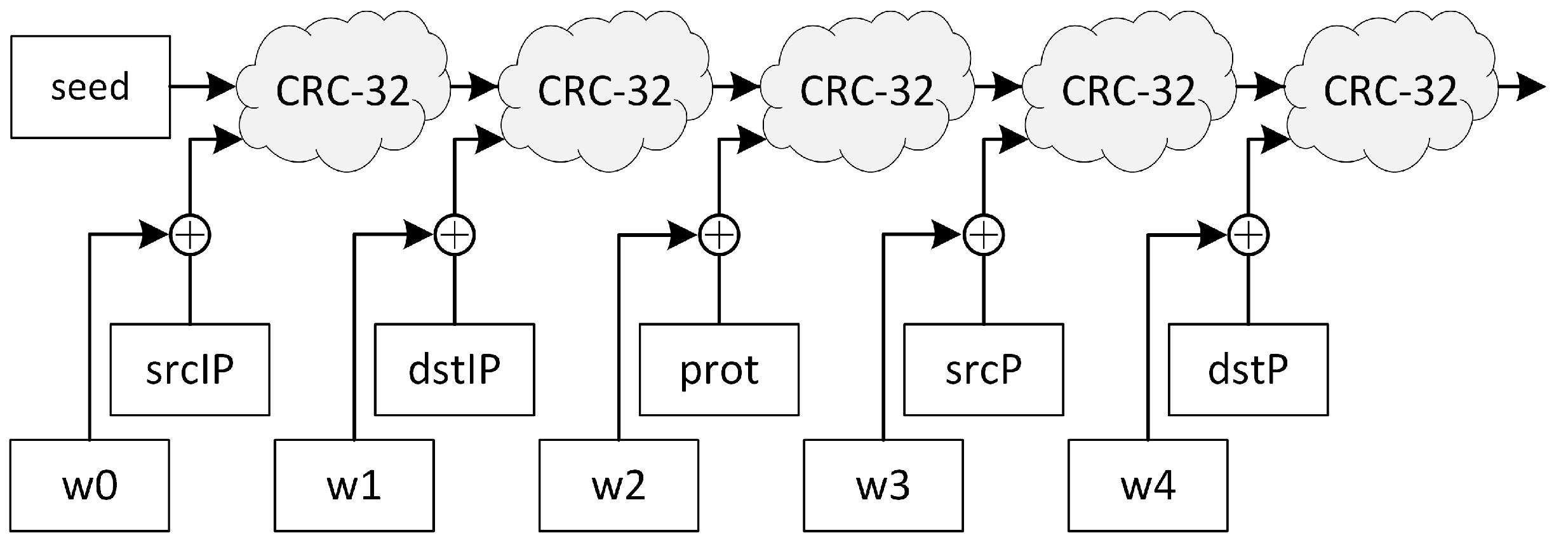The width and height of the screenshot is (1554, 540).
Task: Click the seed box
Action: (x=90, y=87)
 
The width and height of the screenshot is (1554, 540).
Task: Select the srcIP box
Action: (x=190, y=370)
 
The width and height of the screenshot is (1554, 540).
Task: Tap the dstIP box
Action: (x=454, y=370)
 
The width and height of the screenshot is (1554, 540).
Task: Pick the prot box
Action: (x=719, y=370)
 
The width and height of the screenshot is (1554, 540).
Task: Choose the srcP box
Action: (x=983, y=370)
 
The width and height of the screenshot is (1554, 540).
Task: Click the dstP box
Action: (x=1248, y=370)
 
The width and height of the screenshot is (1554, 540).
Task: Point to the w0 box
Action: (x=90, y=485)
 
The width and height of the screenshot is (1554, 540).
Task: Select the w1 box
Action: (x=354, y=485)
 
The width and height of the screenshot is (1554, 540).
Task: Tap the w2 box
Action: (x=619, y=485)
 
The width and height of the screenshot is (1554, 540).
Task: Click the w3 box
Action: (x=883, y=485)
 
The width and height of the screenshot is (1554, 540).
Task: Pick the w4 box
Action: (x=1148, y=485)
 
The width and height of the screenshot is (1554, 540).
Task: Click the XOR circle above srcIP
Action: (x=190, y=235)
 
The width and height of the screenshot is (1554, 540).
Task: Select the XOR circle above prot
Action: (x=719, y=235)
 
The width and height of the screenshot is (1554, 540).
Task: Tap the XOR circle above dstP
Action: (x=1249, y=235)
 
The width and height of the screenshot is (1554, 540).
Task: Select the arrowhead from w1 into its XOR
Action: (x=419, y=235)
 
